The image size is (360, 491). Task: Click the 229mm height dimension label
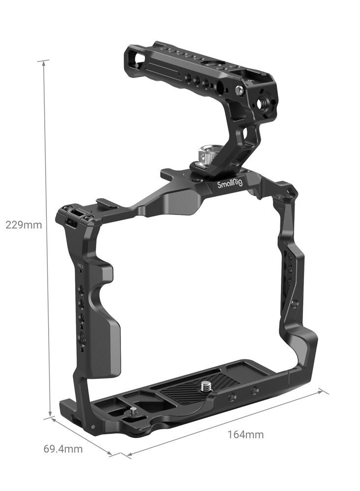tap(24, 225)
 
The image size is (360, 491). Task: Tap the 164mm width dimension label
tap(246, 435)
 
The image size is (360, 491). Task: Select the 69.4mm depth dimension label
tap(63, 449)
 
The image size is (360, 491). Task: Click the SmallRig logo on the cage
tap(230, 184)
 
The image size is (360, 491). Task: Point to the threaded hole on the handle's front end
tap(261, 103)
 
